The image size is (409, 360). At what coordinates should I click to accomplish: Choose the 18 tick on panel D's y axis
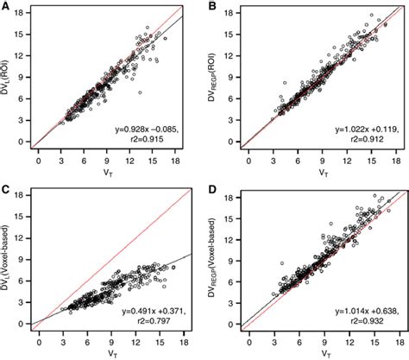click(x=233, y=199)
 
